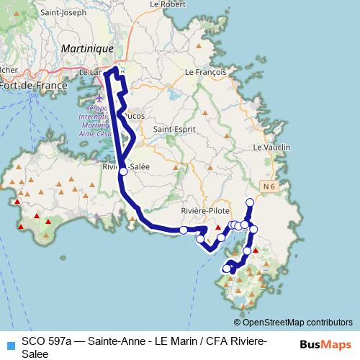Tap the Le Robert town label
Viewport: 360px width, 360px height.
(163, 4)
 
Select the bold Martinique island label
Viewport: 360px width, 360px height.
(88, 48)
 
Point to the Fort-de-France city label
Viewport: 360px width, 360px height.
(33, 85)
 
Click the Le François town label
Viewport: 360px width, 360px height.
(206, 73)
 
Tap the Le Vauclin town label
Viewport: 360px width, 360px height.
(272, 147)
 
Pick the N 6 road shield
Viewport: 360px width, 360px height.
(269, 187)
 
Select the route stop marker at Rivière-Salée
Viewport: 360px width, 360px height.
(123, 171)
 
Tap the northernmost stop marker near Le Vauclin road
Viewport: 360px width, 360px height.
(250, 202)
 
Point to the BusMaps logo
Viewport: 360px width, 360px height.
(326, 345)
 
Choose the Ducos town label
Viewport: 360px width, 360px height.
(134, 115)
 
